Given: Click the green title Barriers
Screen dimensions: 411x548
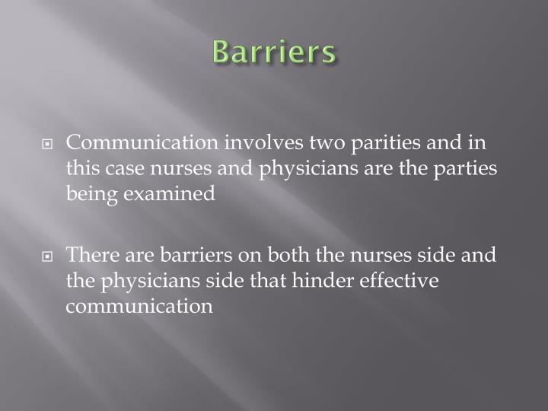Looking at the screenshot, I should [273, 53].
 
